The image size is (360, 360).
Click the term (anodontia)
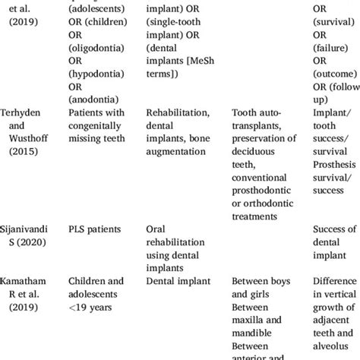pyautogui.click(x=94, y=99)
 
